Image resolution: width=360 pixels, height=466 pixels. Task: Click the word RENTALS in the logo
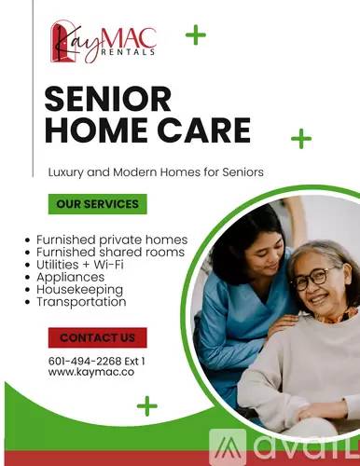[x=128, y=52]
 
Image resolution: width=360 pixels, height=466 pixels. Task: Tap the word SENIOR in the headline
[x=108, y=99]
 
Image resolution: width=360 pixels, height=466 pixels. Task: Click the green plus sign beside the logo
[x=196, y=34]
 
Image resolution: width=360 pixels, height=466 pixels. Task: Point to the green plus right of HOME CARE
[x=301, y=138]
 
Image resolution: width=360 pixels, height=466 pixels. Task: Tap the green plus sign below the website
[x=147, y=405]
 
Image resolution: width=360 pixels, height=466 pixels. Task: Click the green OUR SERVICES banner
[x=98, y=204]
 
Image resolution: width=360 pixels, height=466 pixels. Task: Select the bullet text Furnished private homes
[x=112, y=240]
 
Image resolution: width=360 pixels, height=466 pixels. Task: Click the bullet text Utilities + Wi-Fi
[x=80, y=265]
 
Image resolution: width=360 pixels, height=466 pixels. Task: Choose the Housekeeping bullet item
[x=79, y=290]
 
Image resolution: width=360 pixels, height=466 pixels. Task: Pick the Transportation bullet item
[x=81, y=302]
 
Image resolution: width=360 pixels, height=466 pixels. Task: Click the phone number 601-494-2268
[x=85, y=361]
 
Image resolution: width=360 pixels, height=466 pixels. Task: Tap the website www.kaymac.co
[x=91, y=372]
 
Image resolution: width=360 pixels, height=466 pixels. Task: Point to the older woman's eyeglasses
[x=314, y=279]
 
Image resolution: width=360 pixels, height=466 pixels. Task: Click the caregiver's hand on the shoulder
[x=282, y=323]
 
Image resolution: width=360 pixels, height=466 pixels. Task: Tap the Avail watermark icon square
[x=228, y=446]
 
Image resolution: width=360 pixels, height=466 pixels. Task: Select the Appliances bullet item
[x=71, y=277]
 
